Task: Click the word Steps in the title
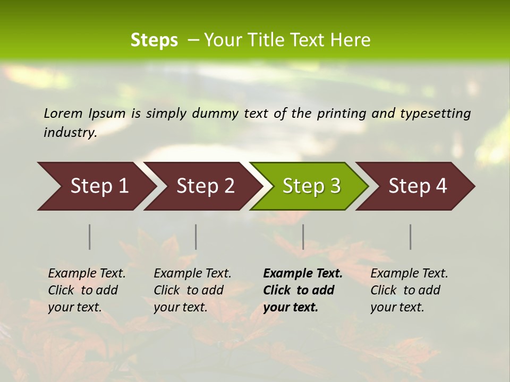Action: (154, 40)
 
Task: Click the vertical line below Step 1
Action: (90, 237)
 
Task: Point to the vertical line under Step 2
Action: (196, 237)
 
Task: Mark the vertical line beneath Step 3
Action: (303, 237)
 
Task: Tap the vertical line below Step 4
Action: (410, 237)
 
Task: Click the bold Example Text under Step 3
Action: (303, 290)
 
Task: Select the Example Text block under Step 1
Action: (87, 290)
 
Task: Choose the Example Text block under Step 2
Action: (192, 290)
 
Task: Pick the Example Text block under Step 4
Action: (409, 290)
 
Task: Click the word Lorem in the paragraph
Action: (63, 113)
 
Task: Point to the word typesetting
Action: (440, 114)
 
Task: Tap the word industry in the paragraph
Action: (70, 133)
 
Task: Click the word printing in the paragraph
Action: (346, 114)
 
